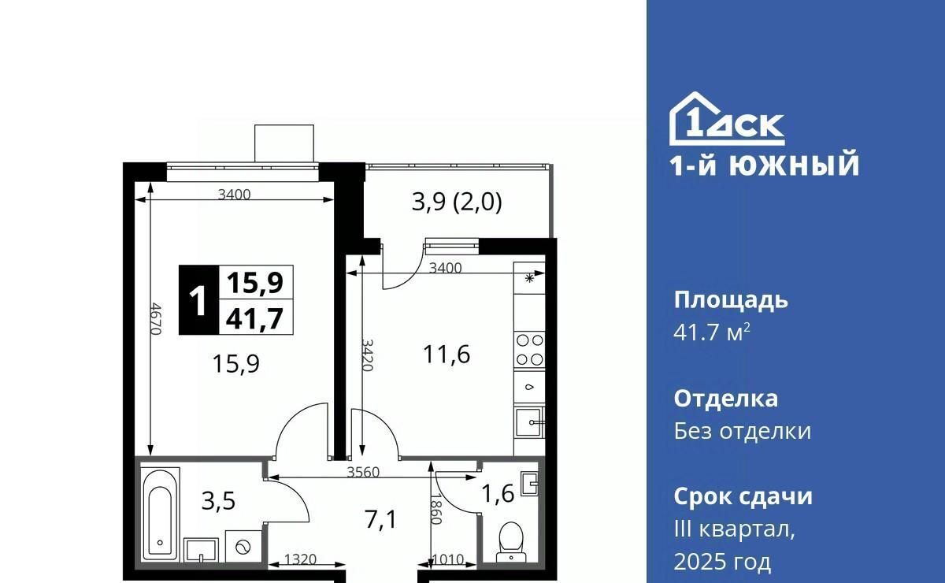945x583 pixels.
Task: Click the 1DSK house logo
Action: [727, 119]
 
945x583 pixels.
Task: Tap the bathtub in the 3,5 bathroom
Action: [160, 514]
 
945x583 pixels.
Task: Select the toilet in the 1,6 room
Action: [511, 542]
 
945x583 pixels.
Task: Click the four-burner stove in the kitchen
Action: [529, 350]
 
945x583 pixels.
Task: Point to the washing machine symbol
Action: [243, 547]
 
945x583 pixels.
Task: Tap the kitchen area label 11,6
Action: [447, 355]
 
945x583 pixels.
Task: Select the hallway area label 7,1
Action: [381, 519]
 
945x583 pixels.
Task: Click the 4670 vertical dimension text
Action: [156, 319]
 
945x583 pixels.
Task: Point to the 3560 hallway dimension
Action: [363, 472]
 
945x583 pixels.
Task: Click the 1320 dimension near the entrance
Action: [300, 559]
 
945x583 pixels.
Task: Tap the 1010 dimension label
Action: [448, 560]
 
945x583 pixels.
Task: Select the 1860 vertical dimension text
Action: [435, 509]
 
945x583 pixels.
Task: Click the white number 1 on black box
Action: [198, 300]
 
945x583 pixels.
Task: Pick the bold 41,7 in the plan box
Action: [254, 319]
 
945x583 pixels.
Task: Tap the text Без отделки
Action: [742, 431]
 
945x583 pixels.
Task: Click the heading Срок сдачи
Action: [743, 496]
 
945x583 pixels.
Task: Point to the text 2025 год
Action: [722, 562]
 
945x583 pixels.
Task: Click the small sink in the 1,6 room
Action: [530, 485]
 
